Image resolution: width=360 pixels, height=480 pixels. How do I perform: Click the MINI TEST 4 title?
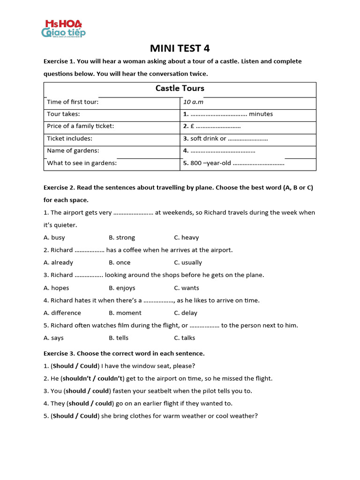180,48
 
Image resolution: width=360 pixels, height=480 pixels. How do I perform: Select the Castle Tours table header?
180,89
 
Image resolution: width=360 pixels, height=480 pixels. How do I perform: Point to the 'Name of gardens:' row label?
73,151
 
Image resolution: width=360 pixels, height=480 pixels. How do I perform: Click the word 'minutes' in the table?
261,114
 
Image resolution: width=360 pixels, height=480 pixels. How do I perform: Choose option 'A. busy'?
54,238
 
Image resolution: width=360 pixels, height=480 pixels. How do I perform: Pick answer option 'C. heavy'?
187,238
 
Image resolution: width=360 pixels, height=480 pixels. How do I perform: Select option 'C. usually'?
188,262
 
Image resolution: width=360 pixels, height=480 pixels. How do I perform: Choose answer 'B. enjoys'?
122,288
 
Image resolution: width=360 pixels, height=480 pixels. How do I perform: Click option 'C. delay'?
186,313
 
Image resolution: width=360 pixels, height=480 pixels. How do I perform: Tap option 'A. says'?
53,338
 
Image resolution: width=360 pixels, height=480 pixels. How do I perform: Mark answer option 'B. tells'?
119,338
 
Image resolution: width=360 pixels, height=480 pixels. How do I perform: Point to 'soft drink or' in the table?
208,139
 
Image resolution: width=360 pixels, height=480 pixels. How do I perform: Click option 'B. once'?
120,262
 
